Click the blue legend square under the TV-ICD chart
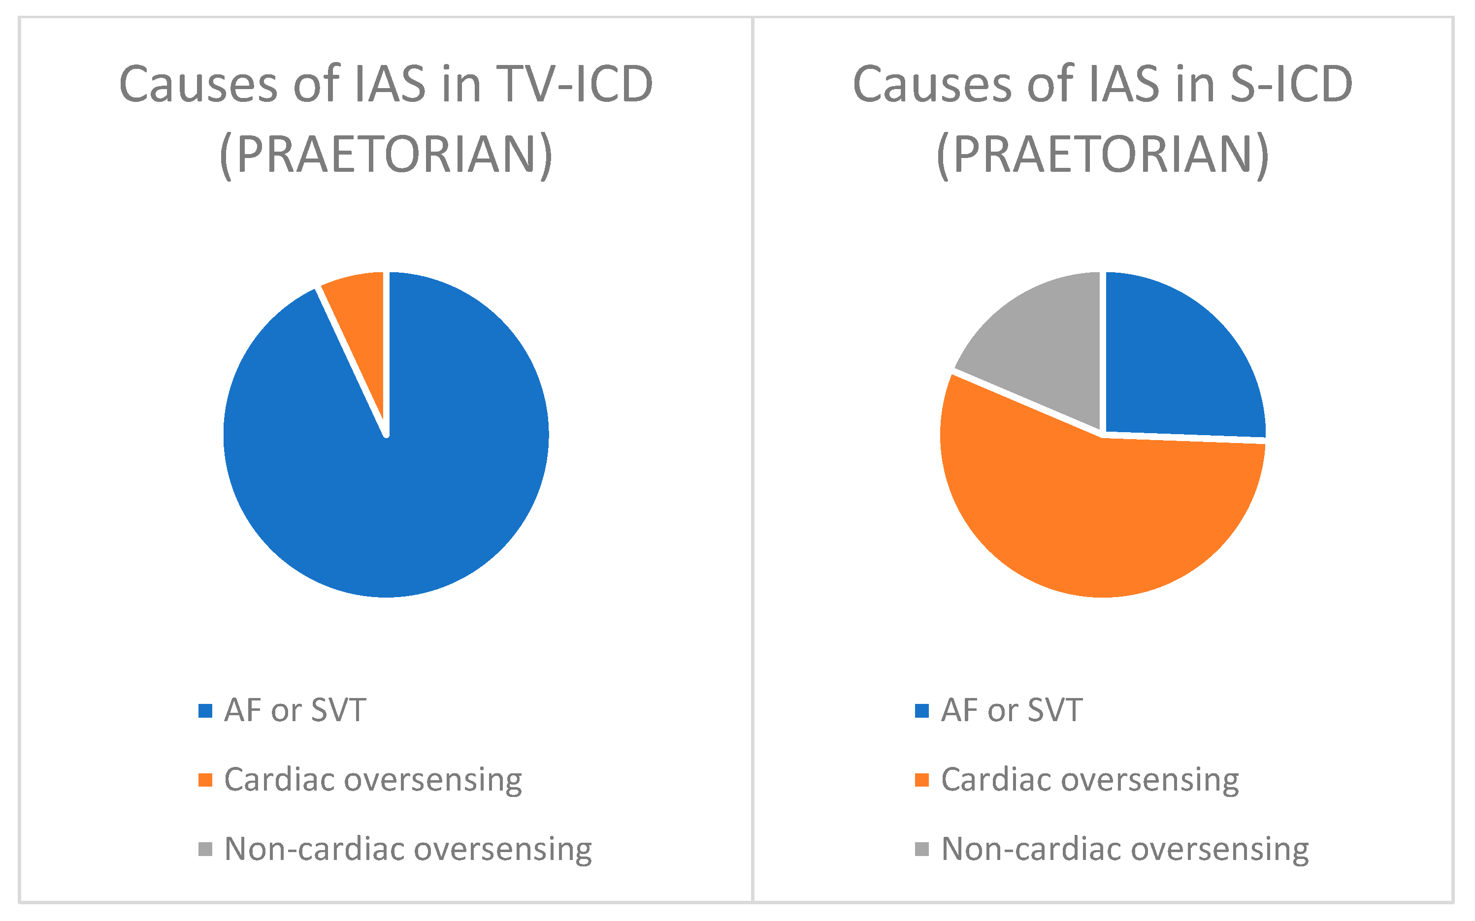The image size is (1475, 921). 205,711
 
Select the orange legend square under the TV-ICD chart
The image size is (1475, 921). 205,780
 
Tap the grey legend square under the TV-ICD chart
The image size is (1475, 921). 205,849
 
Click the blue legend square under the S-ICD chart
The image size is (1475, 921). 922,711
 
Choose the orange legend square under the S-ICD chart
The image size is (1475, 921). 922,780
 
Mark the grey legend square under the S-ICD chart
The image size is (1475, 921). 922,849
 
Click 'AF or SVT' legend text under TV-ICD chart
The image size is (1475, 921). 295,711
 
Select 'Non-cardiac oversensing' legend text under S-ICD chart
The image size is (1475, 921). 1125,849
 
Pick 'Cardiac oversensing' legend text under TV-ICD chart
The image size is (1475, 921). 373,780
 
